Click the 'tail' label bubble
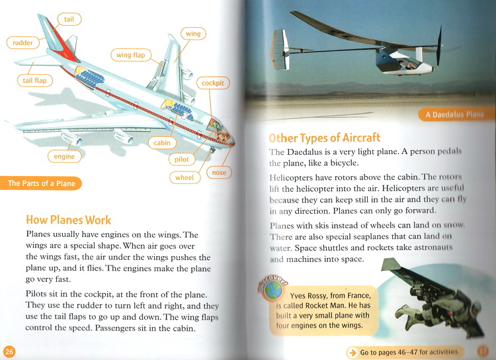(x=69, y=19)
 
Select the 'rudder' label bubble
(x=23, y=44)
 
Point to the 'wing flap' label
(x=130, y=56)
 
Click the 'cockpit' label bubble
(x=213, y=83)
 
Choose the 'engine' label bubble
(x=65, y=157)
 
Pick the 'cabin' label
(x=162, y=142)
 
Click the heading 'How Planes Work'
(x=68, y=220)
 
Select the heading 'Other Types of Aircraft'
(x=324, y=138)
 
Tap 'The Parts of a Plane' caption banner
(x=41, y=183)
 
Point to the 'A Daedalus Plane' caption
(x=457, y=114)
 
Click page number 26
(x=9, y=351)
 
